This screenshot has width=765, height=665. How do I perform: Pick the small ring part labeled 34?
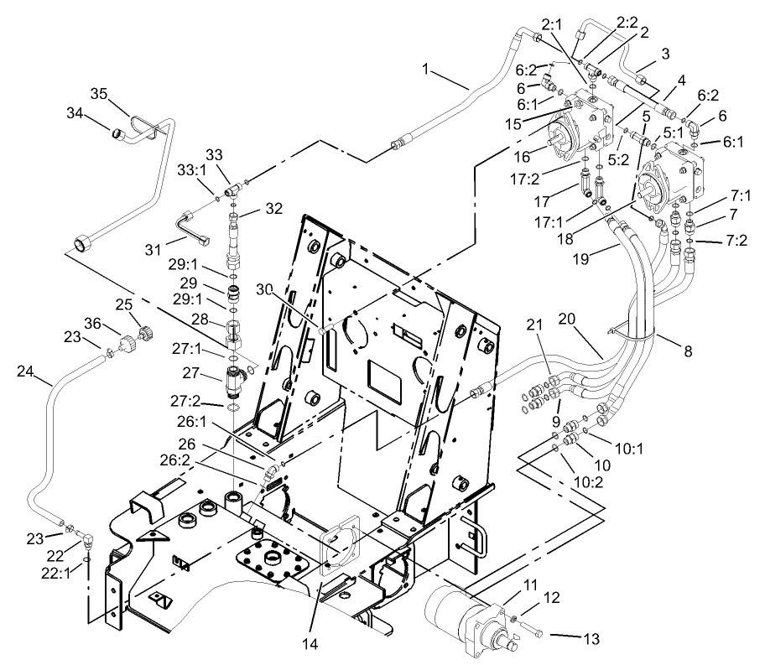click(x=118, y=130)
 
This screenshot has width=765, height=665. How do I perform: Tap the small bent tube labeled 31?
click(x=187, y=228)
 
